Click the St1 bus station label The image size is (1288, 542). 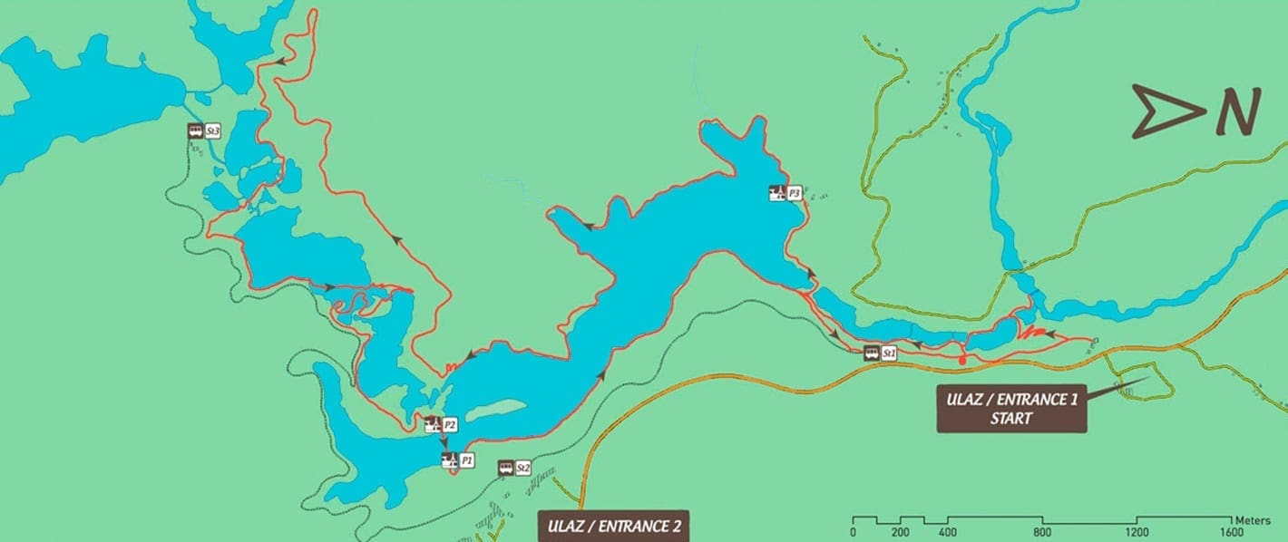coord(889,353)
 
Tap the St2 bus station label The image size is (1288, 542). coord(522,468)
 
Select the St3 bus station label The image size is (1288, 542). coord(213,131)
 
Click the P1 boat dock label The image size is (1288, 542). coord(466,460)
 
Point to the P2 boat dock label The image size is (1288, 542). coord(449,423)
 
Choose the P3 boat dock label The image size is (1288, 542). coord(794,193)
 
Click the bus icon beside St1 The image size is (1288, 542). coord(871,353)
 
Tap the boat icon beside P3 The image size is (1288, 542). coord(776,193)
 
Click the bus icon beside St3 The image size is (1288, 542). coord(195,131)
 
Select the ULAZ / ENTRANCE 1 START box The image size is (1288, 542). coord(1011,409)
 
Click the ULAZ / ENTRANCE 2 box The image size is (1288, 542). coord(613,526)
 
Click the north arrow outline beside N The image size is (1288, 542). coord(1166,112)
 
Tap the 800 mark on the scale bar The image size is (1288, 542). coord(1043,532)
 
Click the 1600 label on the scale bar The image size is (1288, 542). coord(1232,532)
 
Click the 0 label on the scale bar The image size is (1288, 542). coord(853,532)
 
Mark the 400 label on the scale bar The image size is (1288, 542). coord(948,532)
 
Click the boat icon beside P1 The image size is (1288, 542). coord(449,460)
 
